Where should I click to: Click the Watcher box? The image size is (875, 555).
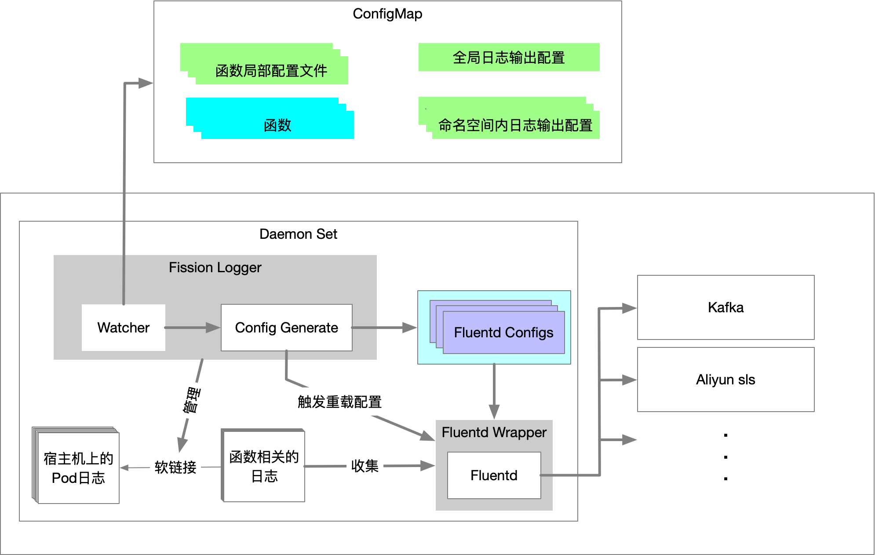click(124, 328)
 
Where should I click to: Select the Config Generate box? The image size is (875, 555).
click(287, 328)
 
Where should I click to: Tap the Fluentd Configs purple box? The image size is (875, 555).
click(504, 332)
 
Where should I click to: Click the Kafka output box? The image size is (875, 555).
click(726, 307)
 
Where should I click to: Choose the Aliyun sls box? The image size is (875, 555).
click(726, 380)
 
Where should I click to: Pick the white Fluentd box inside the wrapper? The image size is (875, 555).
click(494, 475)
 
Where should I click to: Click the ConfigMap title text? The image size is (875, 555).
click(387, 14)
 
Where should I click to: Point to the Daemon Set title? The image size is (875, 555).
click(299, 234)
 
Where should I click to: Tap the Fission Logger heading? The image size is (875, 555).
click(215, 267)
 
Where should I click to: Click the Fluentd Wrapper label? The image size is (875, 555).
click(494, 432)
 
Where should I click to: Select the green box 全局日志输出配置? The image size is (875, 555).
click(509, 57)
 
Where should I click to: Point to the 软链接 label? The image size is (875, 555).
click(175, 467)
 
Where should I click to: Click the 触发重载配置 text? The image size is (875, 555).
click(339, 402)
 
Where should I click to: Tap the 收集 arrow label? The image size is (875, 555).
click(365, 466)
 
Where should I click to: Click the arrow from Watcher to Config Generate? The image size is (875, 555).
click(193, 328)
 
